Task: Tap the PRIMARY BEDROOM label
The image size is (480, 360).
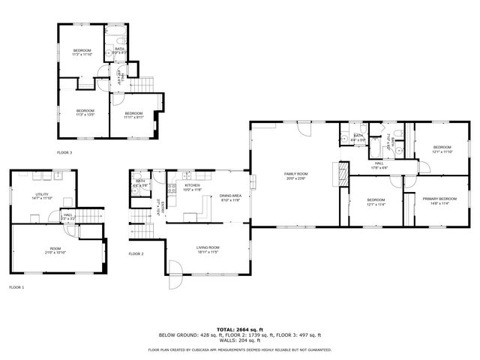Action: (439, 200)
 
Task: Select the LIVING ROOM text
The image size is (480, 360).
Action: (208, 249)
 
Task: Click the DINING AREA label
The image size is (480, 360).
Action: (230, 197)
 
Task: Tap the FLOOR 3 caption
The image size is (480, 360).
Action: (64, 152)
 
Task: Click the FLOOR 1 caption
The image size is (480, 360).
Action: (16, 287)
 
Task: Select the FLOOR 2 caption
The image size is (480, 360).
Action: (136, 253)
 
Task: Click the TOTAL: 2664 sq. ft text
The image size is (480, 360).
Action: (239, 329)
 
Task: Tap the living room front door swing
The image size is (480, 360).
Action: (174, 268)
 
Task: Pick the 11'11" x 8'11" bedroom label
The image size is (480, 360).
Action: (134, 115)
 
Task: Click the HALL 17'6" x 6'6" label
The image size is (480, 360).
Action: (379, 165)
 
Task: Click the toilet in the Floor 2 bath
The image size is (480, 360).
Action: (135, 190)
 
